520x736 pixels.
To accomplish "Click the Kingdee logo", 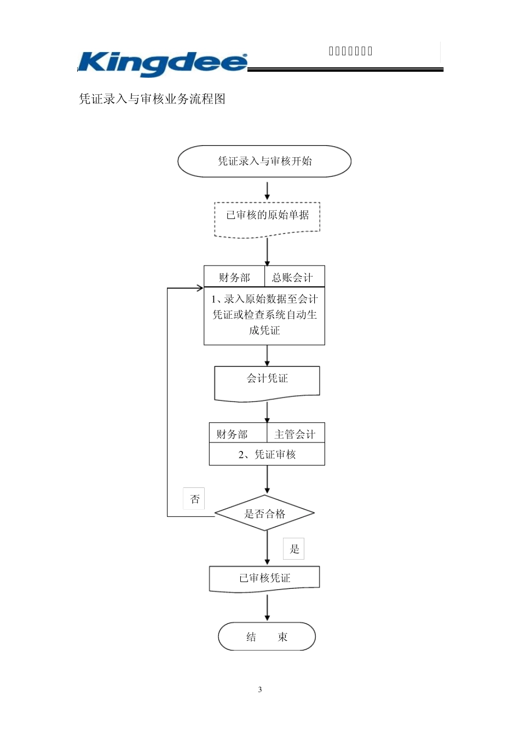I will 163,64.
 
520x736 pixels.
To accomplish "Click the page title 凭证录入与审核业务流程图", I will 152,99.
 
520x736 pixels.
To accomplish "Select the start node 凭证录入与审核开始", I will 264,161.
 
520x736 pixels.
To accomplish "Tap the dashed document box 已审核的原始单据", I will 267,216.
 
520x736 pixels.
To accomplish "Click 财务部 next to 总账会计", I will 234,277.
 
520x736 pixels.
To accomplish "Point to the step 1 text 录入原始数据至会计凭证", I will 264,315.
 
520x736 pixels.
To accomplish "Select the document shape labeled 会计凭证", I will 267,380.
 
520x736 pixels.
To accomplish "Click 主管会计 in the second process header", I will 295,434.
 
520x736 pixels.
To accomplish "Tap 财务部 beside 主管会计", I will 232,434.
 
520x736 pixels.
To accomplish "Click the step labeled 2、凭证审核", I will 267,455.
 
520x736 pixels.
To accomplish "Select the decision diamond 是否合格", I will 265,514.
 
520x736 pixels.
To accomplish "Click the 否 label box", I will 194,499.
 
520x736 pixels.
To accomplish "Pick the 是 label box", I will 294,549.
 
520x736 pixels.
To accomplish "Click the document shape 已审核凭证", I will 264,578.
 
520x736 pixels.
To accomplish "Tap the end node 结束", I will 267,636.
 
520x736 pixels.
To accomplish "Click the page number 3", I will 260,689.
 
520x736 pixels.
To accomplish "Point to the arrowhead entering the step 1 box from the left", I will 200,288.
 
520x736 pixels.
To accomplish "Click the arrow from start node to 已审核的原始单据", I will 267,191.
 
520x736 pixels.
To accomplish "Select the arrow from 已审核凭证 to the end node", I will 267,608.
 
